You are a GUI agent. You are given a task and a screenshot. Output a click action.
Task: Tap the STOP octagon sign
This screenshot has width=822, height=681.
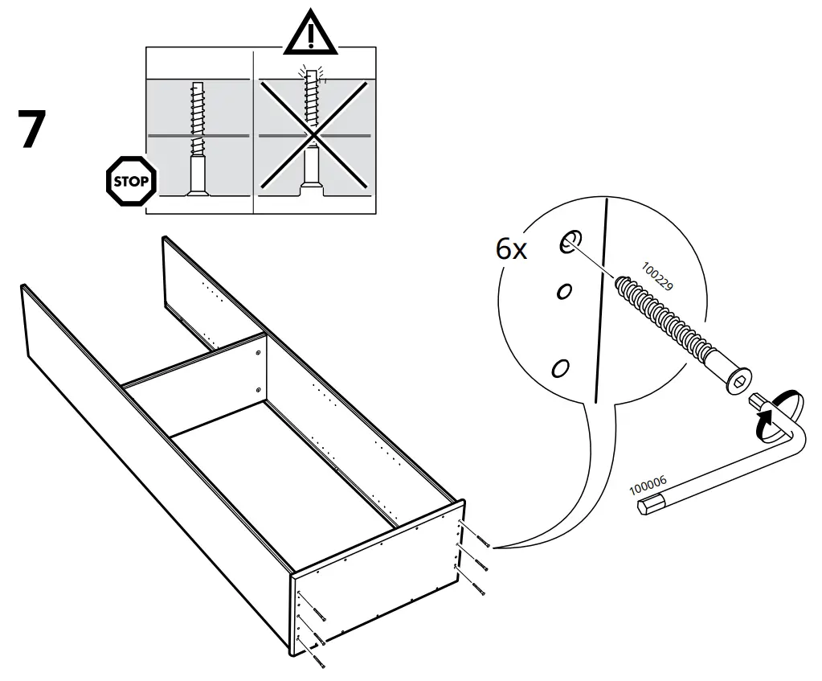(x=129, y=181)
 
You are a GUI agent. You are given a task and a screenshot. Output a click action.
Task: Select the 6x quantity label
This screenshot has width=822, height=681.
(x=511, y=250)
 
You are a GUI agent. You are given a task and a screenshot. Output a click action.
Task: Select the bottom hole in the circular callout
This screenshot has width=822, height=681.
(x=560, y=368)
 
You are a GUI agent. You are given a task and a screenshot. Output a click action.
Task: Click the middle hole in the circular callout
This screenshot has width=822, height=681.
(x=565, y=291)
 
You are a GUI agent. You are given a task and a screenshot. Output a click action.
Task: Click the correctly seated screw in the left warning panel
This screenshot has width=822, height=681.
(x=197, y=137)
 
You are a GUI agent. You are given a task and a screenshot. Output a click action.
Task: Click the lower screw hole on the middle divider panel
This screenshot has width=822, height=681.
(x=258, y=390)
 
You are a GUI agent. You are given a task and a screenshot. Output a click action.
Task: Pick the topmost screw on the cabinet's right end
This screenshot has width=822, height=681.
(x=478, y=540)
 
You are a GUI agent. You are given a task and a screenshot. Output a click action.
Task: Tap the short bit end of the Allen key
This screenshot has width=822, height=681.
(x=756, y=400)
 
